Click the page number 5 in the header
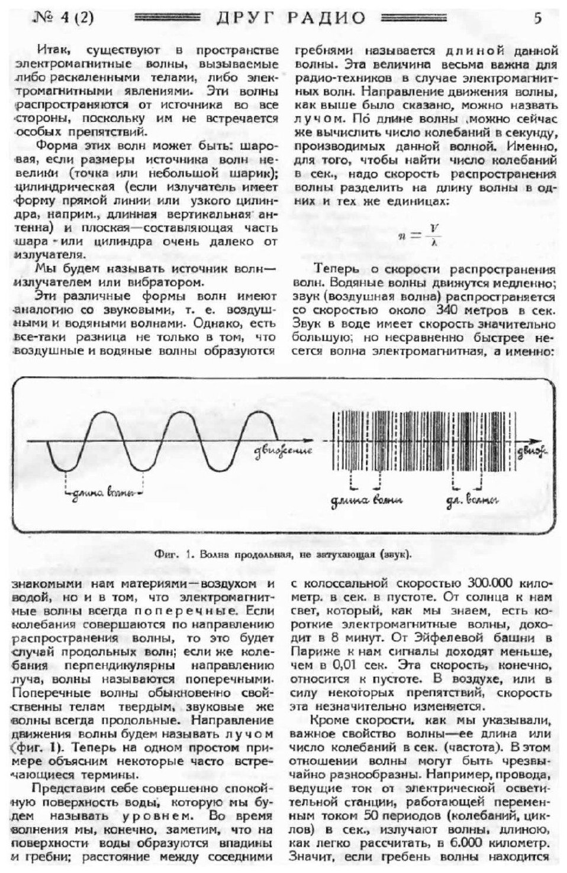tap(537, 17)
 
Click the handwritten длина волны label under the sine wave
tap(104, 492)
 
